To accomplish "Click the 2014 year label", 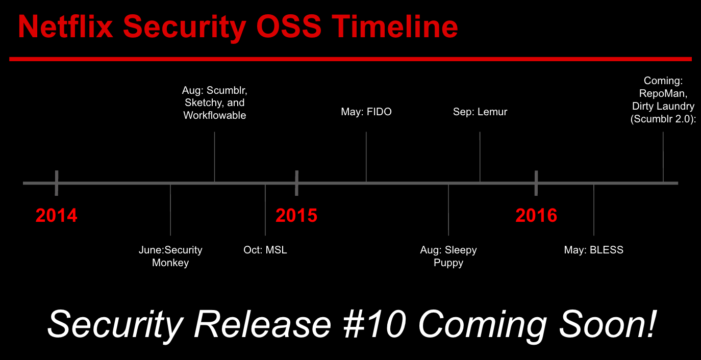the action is pyautogui.click(x=56, y=215).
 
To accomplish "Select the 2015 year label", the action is pyautogui.click(x=296, y=215).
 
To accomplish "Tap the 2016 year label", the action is pyautogui.click(x=536, y=215).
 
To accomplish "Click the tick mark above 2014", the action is pyautogui.click(x=56, y=183).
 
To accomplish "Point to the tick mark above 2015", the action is pyautogui.click(x=296, y=183).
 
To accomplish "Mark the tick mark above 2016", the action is pyautogui.click(x=536, y=183).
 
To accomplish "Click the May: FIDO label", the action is pyautogui.click(x=366, y=112).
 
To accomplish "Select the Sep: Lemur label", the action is pyautogui.click(x=480, y=112).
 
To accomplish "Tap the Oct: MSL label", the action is pyautogui.click(x=265, y=250).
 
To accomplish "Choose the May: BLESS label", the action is pyautogui.click(x=594, y=250).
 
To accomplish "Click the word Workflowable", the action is pyautogui.click(x=215, y=115).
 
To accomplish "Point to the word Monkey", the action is pyautogui.click(x=170, y=263).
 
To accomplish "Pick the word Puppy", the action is pyautogui.click(x=448, y=263).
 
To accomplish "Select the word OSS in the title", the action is pyautogui.click(x=289, y=27).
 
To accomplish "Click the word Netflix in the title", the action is pyautogui.click(x=65, y=27).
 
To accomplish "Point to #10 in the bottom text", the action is pyautogui.click(x=374, y=324).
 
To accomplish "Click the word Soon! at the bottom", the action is pyautogui.click(x=607, y=324).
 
